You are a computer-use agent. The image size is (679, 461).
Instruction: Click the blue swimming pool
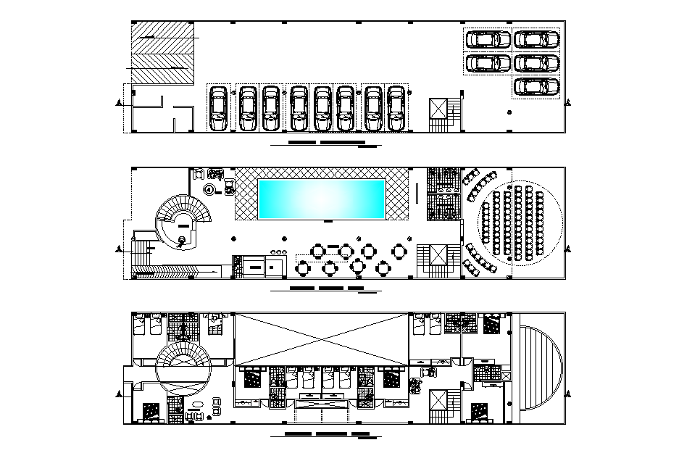tap(322, 199)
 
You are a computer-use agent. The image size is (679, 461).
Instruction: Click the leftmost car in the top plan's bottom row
tap(217, 109)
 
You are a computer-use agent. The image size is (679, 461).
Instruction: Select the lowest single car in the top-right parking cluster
tap(537, 87)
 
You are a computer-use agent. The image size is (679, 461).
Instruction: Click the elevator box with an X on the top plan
tap(439, 109)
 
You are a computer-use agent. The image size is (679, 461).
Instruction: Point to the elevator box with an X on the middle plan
tap(439, 256)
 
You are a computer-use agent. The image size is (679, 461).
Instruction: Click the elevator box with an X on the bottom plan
tap(439, 401)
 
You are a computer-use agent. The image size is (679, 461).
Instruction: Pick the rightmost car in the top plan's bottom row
tap(396, 109)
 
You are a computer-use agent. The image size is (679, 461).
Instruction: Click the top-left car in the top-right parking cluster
tap(487, 40)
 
